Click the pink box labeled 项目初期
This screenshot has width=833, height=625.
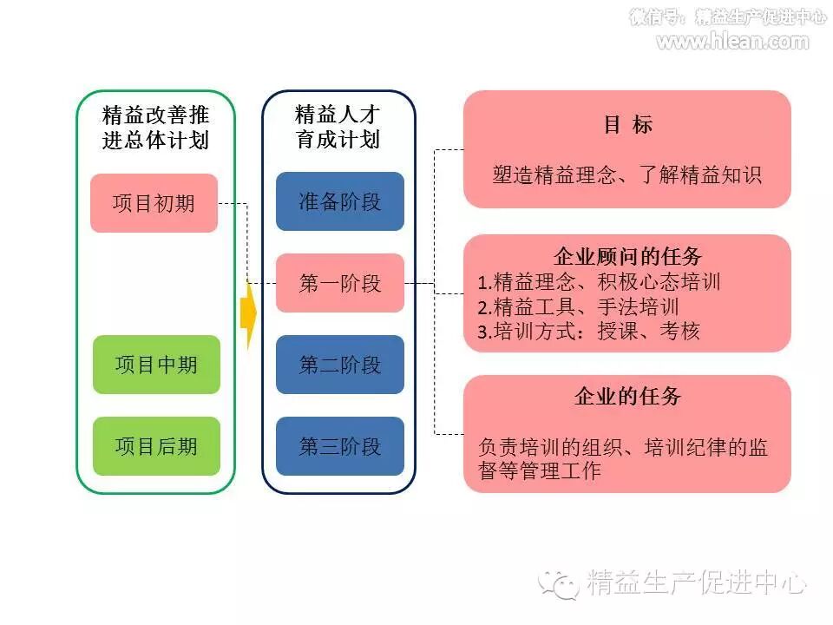coord(154,203)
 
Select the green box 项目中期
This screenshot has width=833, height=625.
coord(156,365)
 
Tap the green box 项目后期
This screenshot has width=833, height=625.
coord(156,446)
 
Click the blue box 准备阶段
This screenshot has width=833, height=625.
coord(340,201)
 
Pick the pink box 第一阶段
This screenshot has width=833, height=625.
coord(340,283)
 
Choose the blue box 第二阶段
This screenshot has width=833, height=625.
coord(340,365)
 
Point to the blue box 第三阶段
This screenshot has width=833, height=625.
coord(340,446)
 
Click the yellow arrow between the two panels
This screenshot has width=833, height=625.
coord(248,312)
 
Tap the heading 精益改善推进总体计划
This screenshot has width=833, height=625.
coord(156,128)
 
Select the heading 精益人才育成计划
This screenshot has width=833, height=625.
coord(338,127)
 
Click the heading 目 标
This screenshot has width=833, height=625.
coord(627,125)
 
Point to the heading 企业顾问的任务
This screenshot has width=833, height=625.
coord(627,257)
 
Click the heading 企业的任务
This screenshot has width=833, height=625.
coord(627,397)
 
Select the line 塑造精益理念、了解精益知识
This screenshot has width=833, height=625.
coord(627,174)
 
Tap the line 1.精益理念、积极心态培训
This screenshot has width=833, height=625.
coord(599,282)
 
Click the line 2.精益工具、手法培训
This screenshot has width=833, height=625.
coord(578,306)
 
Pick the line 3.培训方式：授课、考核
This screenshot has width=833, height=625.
coord(588,331)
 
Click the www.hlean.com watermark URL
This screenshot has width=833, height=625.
coord(732,40)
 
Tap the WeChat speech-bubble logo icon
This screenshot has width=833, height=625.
coord(559,582)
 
